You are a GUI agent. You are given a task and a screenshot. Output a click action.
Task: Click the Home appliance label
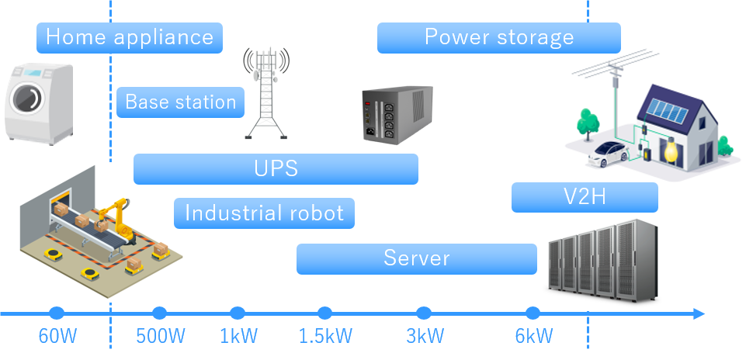130,37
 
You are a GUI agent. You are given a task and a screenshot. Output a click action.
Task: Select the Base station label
180,102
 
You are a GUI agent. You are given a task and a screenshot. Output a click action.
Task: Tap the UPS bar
276,169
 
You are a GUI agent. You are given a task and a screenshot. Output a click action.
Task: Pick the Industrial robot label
264,213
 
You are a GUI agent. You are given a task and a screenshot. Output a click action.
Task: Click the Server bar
416,258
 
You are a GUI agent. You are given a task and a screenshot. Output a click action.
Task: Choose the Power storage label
498,37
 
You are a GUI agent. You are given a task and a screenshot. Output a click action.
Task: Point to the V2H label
584,197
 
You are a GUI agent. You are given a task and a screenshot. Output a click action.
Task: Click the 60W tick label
56,337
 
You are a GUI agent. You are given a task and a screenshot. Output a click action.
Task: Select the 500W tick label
161,337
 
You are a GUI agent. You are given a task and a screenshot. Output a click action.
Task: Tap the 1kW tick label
238,337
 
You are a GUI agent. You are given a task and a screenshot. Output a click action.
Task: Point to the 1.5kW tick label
325,337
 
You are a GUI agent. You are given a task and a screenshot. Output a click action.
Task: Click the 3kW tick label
425,337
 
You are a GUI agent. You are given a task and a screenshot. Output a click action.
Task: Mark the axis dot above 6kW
533,313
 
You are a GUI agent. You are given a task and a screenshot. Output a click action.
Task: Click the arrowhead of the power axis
699,313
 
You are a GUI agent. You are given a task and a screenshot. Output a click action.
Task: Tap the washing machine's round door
25,99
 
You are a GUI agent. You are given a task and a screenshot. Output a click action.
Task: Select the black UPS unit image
397,115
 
